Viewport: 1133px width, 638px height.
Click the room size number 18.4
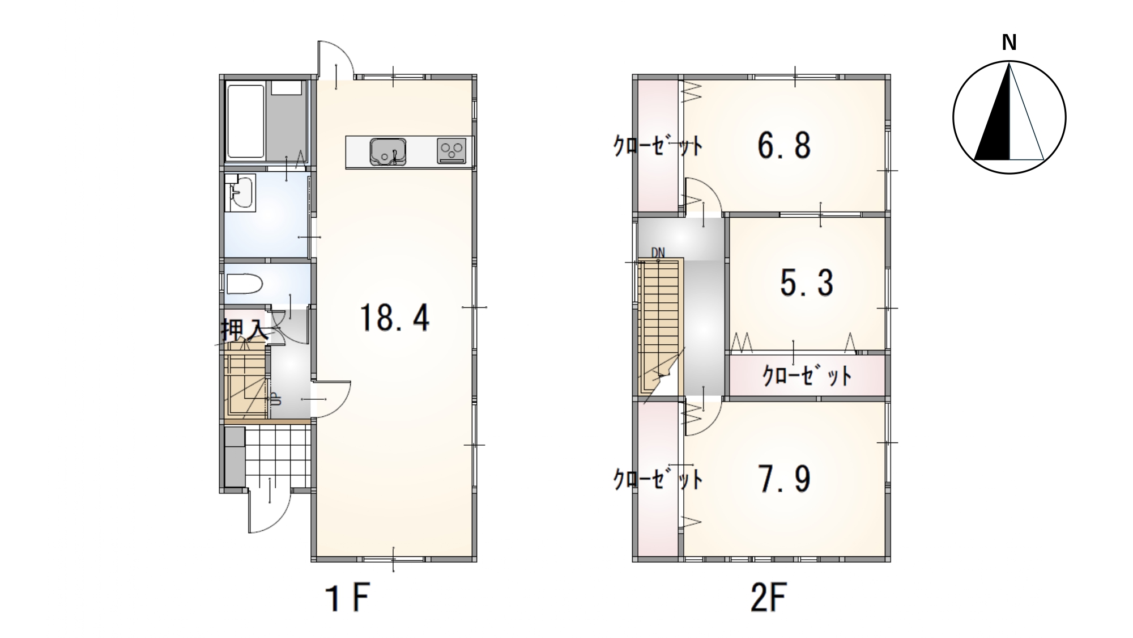(x=395, y=318)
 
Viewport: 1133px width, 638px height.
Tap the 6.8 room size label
(x=784, y=145)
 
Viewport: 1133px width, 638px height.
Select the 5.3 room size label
(x=807, y=282)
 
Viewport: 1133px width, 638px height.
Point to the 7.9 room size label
(x=784, y=479)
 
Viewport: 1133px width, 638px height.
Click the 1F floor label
(x=347, y=598)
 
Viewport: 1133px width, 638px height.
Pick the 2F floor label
(x=769, y=598)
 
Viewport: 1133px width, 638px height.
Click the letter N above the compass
(x=1009, y=43)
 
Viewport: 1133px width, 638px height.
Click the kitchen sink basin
(x=388, y=152)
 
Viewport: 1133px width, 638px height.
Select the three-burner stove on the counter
(x=452, y=151)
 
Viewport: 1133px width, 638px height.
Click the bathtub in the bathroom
(x=246, y=121)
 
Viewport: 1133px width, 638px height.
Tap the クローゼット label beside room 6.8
(x=658, y=146)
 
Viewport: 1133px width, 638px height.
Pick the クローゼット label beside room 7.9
(x=658, y=480)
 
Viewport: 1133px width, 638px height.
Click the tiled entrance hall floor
(x=278, y=457)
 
